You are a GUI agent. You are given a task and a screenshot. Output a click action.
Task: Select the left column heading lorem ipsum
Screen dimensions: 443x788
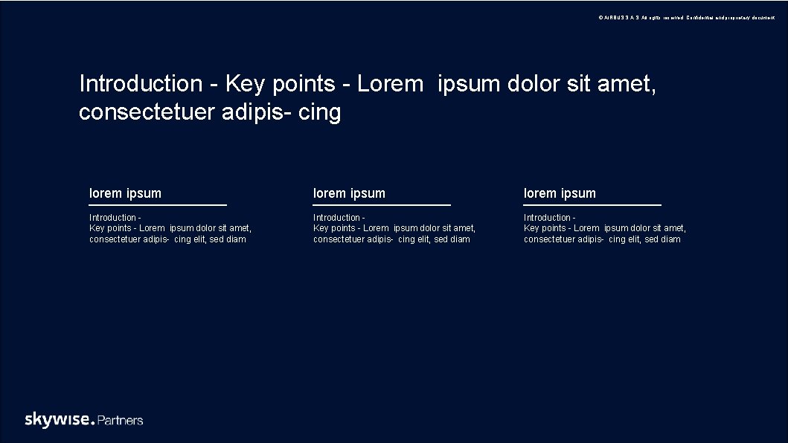(125, 193)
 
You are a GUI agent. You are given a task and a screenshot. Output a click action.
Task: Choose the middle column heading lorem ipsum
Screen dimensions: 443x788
(349, 193)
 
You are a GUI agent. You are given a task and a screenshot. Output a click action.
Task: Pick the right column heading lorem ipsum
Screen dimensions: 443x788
(560, 193)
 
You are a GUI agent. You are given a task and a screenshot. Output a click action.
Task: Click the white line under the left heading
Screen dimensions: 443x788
(158, 204)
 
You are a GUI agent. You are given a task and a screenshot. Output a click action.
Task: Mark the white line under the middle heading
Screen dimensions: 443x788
(382, 204)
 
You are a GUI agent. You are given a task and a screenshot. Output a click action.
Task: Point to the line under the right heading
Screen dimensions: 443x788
(592, 204)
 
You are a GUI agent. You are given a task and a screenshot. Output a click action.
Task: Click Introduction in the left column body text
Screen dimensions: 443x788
(112, 218)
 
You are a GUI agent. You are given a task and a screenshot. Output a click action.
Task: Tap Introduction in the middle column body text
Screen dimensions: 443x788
(336, 218)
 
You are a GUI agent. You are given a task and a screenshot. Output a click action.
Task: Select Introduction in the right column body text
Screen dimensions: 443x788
(547, 218)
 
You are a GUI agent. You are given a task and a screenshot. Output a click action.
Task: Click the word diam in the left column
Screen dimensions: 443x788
(237, 239)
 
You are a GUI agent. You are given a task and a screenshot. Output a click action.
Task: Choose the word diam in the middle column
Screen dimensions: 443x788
(461, 239)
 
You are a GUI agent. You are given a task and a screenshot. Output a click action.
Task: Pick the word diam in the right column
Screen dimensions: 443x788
(671, 239)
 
